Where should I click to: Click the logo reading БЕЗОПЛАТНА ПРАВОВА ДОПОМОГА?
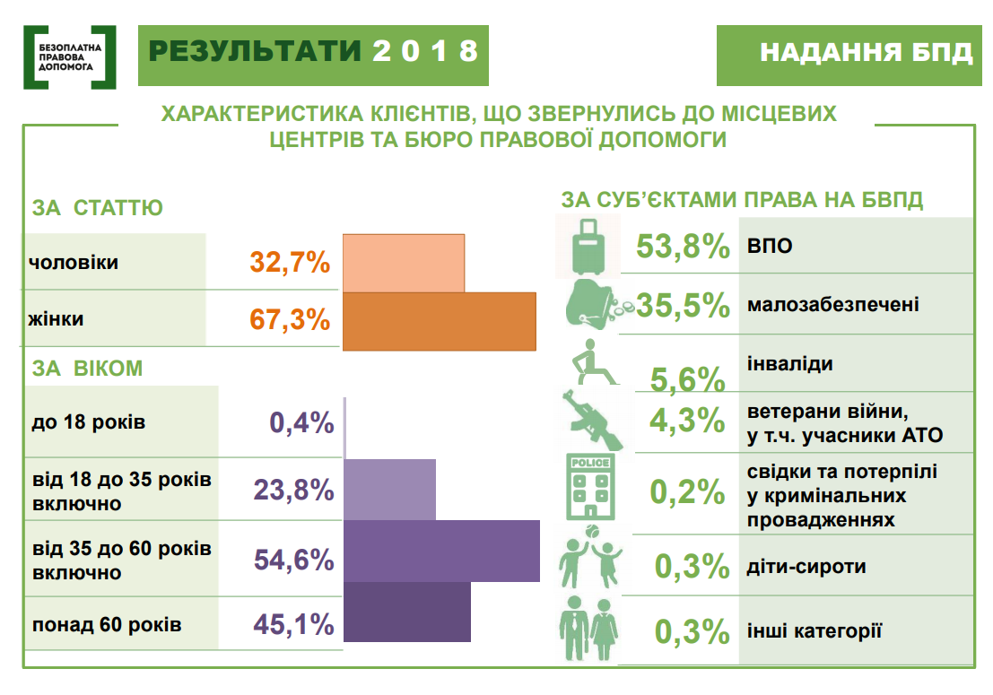pos(70,57)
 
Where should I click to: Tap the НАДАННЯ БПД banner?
pos(849,55)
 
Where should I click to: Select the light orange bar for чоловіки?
pos(404,264)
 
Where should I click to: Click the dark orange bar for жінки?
pos(440,322)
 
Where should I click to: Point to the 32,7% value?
pos(290,262)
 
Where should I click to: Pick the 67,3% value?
pos(290,319)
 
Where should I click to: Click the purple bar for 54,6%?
pos(441,551)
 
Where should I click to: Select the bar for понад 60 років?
pos(407,612)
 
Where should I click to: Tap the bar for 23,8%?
pos(389,490)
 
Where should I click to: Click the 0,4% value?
pos(301,422)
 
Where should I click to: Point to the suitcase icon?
pos(588,247)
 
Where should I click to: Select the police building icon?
pos(590,487)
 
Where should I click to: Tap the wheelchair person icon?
pos(594,362)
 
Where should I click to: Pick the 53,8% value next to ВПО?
pos(683,247)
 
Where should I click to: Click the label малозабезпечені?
pos(832,305)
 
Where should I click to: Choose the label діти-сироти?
pos(806,567)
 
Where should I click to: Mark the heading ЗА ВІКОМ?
pos(87,369)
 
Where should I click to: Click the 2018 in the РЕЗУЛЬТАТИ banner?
pos(425,51)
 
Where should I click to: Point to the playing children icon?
pos(590,557)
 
